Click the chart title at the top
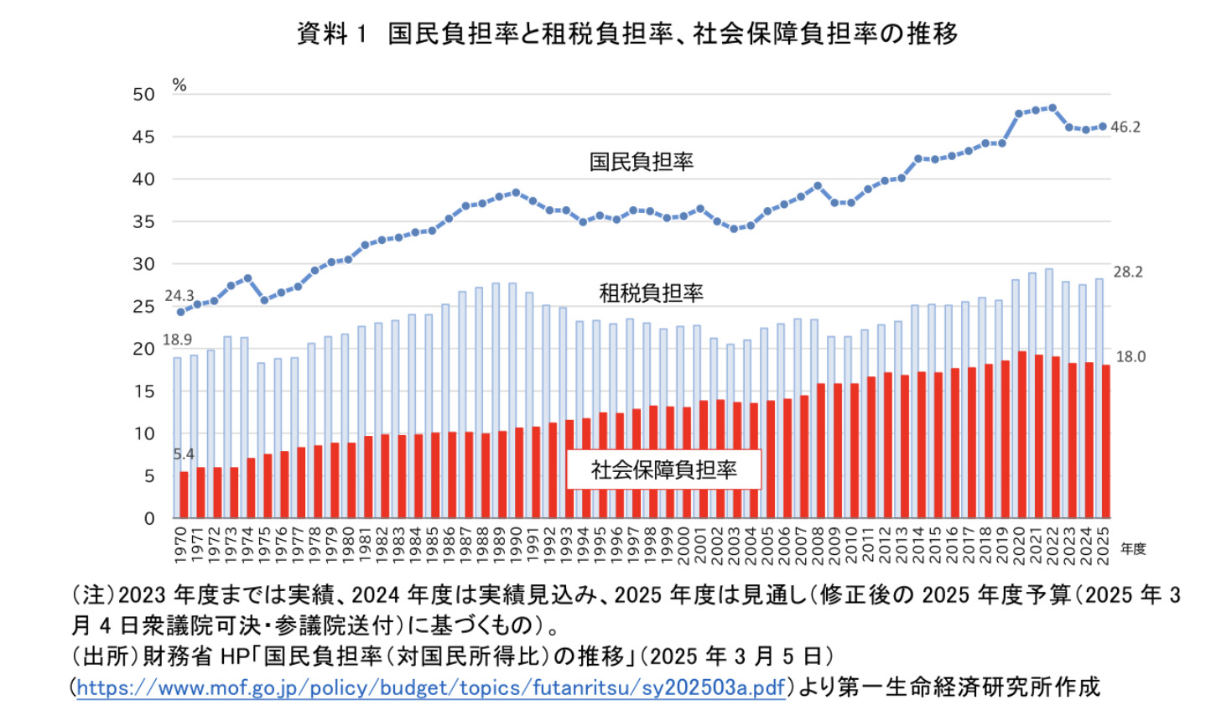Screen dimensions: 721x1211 click(626, 34)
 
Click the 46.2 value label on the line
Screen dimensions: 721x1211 click(1125, 127)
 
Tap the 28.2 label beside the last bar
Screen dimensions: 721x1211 click(1127, 272)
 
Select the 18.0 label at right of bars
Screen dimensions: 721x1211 click(1130, 357)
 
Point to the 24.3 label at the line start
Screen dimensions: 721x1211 click(179, 296)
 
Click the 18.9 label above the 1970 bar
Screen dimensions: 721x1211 click(177, 340)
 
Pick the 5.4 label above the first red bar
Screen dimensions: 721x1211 click(184, 454)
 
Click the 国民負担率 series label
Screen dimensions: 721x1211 click(641, 162)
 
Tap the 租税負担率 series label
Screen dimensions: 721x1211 click(651, 293)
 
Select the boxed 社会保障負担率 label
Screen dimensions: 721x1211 click(663, 469)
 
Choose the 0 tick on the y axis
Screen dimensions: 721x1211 click(149, 519)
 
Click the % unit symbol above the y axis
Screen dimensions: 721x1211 click(179, 86)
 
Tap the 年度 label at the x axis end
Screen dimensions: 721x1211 click(1132, 549)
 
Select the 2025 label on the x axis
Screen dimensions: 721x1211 click(1103, 542)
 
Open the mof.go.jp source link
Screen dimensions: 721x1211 click(431, 688)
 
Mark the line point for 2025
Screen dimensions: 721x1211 click(1103, 127)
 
